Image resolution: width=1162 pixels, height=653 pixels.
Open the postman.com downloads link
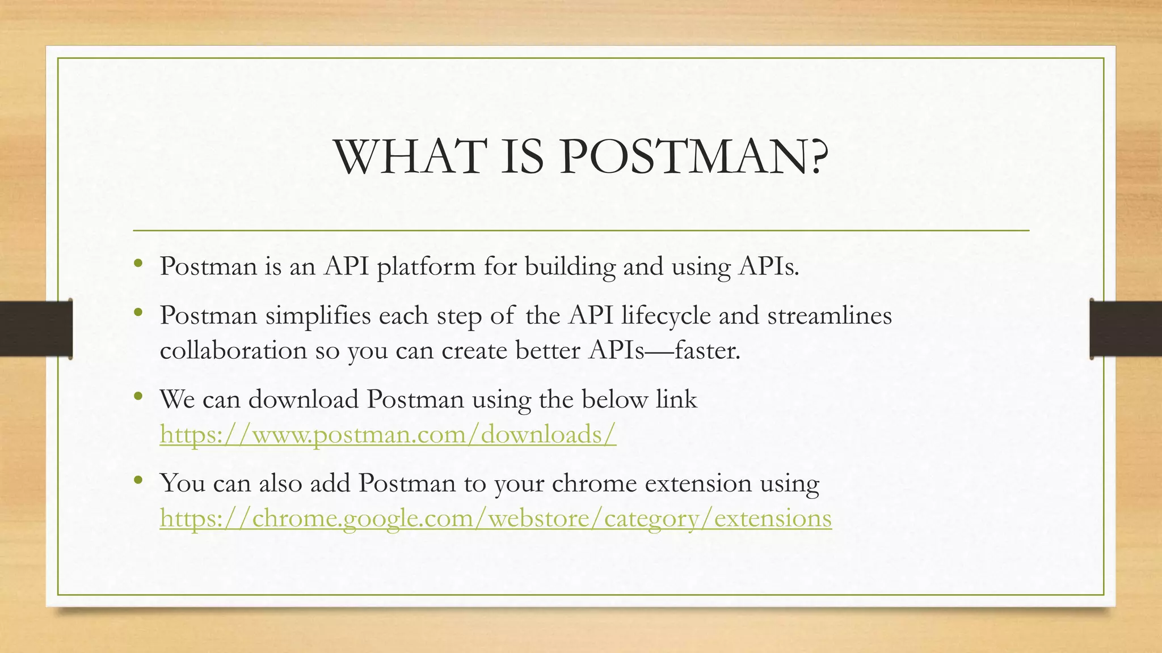coord(388,435)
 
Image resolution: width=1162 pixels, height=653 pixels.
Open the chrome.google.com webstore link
coord(495,518)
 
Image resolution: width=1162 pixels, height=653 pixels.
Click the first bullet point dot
coord(138,263)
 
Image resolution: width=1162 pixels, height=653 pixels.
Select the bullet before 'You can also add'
coord(138,480)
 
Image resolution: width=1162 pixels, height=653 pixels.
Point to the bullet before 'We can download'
coord(138,396)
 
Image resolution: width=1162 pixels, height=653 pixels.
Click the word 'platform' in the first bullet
coord(426,266)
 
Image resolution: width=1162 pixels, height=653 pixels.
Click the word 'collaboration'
coord(233,350)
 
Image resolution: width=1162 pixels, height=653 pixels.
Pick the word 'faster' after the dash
coord(706,350)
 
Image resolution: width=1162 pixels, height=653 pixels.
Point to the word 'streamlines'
coord(830,316)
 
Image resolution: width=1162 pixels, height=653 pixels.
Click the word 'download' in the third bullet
coord(304,400)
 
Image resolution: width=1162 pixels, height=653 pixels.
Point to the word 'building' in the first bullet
coord(570,266)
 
